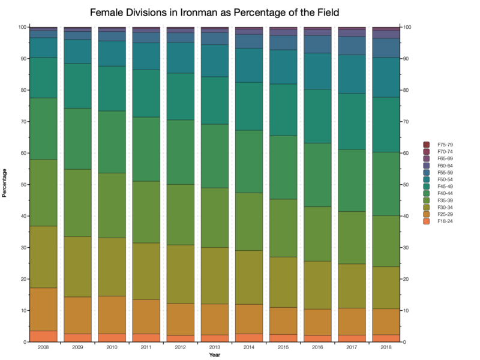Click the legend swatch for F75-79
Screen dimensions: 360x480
coord(427,144)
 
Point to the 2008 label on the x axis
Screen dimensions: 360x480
coord(43,347)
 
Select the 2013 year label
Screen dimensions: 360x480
coord(214,347)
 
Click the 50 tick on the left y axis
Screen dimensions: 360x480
coord(22,185)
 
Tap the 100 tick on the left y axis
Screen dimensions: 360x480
coord(21,27)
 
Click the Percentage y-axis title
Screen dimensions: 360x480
coord(5,184)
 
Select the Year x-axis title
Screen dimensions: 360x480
coord(214,355)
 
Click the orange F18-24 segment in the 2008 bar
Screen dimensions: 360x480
coord(43,337)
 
